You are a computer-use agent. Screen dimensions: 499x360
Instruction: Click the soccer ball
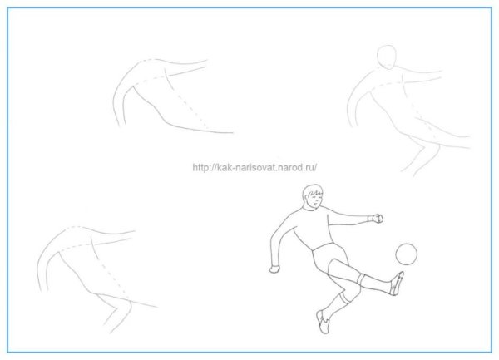click(406, 254)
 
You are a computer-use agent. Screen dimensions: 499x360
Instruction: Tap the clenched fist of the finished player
click(378, 218)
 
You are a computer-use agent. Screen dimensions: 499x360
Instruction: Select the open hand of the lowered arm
click(274, 269)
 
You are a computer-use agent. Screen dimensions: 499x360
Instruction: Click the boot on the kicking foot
click(398, 283)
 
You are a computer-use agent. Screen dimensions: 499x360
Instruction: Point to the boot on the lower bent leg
click(323, 322)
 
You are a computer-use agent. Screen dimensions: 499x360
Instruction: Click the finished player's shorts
click(331, 258)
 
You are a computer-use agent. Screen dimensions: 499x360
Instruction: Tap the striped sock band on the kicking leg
click(361, 279)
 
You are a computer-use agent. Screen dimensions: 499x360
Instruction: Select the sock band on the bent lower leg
click(343, 298)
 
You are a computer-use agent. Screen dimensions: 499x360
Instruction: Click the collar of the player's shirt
click(310, 209)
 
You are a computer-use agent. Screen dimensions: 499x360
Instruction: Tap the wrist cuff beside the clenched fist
click(370, 219)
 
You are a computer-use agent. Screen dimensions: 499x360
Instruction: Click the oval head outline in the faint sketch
click(387, 57)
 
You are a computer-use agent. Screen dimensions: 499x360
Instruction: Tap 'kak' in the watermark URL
click(222, 167)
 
